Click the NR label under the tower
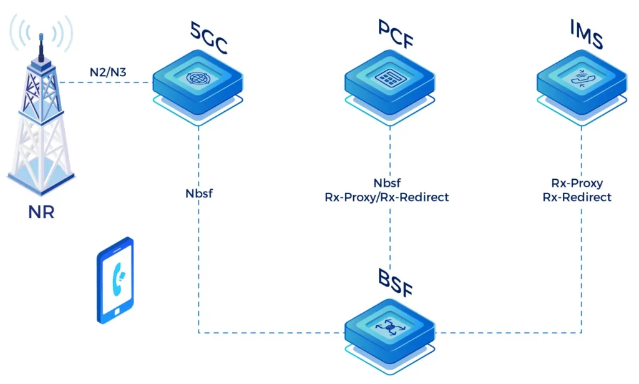(41, 212)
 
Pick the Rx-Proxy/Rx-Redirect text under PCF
(387, 197)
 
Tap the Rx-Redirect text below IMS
(577, 197)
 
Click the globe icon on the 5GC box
(198, 79)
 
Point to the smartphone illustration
(115, 280)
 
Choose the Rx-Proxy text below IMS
(577, 184)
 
